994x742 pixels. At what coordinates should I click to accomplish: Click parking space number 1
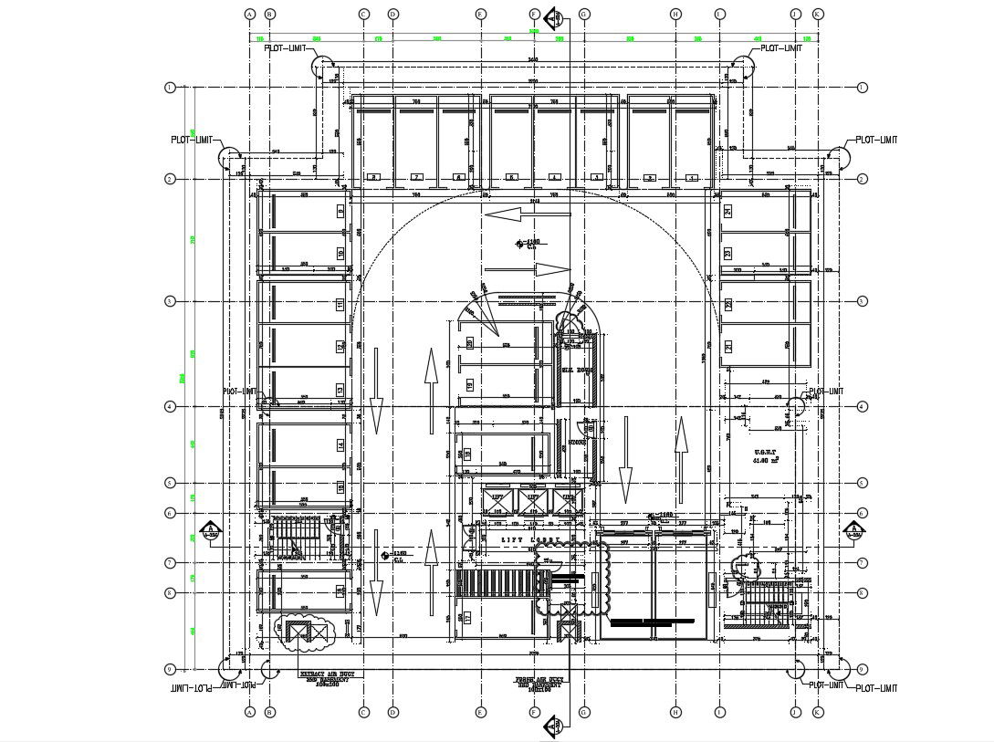pos(693,177)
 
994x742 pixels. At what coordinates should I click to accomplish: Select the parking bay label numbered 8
pos(371,177)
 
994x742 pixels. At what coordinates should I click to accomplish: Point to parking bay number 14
pos(340,444)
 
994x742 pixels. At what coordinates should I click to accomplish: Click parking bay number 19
pos(470,386)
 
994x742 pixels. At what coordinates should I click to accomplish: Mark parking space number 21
pos(728,346)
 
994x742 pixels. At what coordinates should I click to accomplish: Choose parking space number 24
pos(728,211)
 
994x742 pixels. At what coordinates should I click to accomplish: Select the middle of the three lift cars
pos(529,498)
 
